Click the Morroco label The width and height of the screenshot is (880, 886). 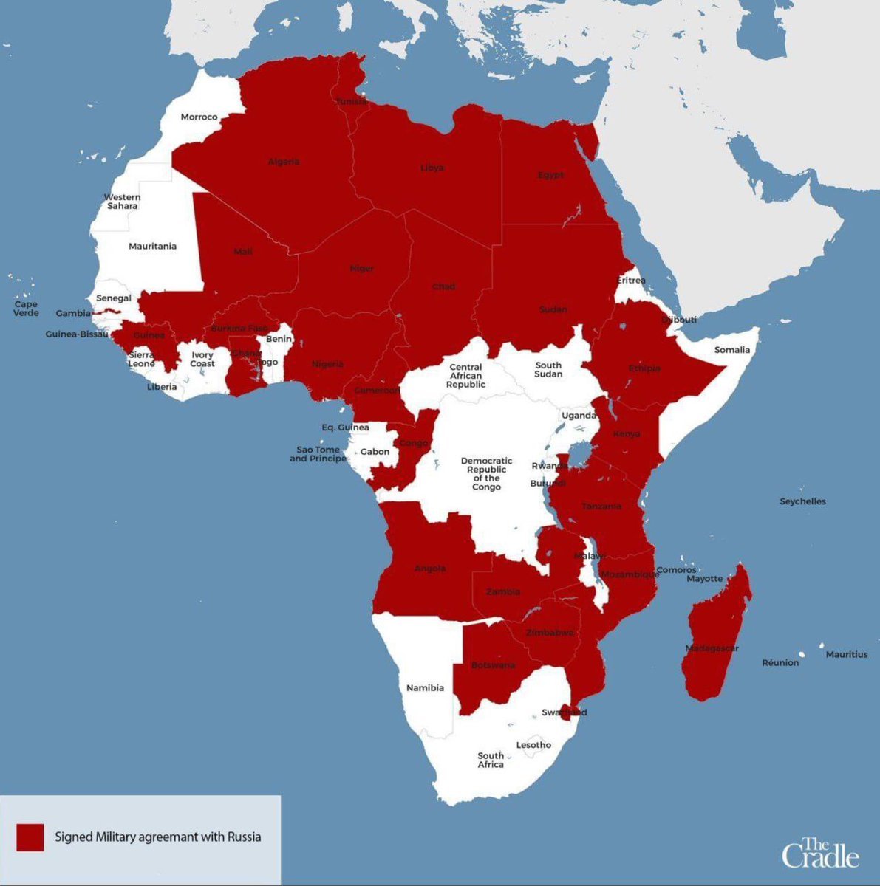click(199, 117)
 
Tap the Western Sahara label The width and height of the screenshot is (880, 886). click(122, 202)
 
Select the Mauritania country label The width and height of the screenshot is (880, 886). click(152, 247)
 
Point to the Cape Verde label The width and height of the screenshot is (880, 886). click(26, 309)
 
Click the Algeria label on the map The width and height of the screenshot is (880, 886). click(284, 162)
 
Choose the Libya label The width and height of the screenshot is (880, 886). click(432, 168)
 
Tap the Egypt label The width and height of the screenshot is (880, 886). click(550, 175)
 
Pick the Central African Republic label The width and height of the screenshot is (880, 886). click(465, 376)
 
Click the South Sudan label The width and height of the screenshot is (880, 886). click(548, 370)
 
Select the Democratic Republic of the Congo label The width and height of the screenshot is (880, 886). click(486, 474)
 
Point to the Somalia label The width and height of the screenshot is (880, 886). click(731, 350)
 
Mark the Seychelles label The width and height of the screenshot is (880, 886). click(802, 501)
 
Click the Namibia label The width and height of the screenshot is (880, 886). click(426, 688)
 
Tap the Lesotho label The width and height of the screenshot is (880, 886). click(533, 745)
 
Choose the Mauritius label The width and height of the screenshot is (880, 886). click(847, 654)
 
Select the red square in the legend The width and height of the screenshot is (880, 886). click(30, 837)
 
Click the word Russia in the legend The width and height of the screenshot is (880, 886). click(245, 837)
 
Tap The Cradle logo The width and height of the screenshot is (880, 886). click(820, 853)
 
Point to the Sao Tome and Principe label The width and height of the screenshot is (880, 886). click(318, 454)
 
